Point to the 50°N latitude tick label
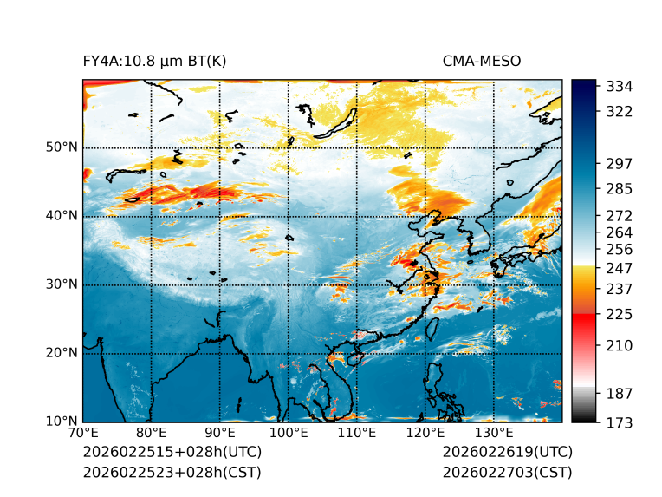click(62, 147)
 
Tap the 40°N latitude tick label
click(62, 216)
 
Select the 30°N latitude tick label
click(62, 284)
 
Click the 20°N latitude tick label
click(62, 353)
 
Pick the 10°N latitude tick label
click(62, 422)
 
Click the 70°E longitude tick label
click(83, 433)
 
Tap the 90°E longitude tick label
click(220, 433)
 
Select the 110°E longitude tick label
click(356, 433)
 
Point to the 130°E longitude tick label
click(493, 433)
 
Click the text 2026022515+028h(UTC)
click(172, 453)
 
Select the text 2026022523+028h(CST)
click(172, 473)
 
